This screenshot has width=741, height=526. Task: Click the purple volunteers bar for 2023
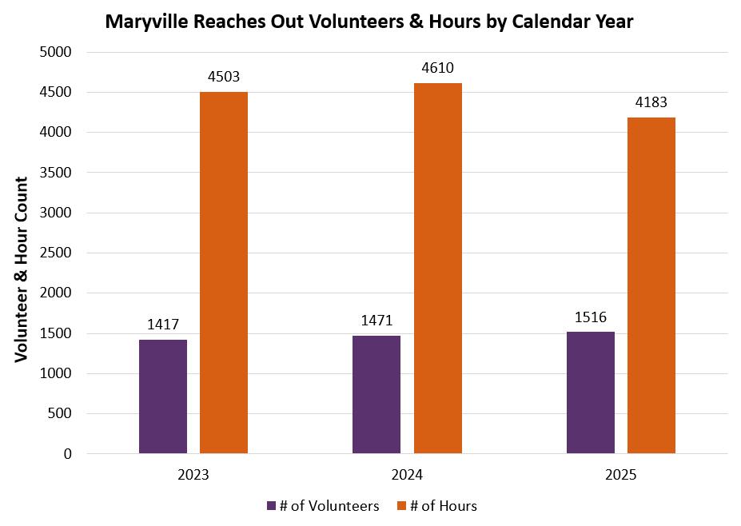pyautogui.click(x=163, y=396)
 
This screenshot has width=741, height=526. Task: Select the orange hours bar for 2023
pyautogui.click(x=224, y=273)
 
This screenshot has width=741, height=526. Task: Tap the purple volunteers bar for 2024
pyautogui.click(x=376, y=395)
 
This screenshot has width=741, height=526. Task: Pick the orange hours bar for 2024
pyautogui.click(x=438, y=269)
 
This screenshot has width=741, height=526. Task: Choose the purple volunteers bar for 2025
pyautogui.click(x=591, y=393)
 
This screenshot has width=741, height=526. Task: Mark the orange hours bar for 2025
pyautogui.click(x=651, y=285)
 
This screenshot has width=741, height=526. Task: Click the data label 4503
pyautogui.click(x=224, y=77)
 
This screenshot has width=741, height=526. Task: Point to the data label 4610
pyautogui.click(x=437, y=68)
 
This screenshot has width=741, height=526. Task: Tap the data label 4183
pyautogui.click(x=651, y=102)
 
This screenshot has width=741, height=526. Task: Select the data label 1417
pyautogui.click(x=163, y=325)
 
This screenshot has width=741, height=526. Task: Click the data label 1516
pyautogui.click(x=591, y=317)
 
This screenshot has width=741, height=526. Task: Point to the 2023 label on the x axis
pyautogui.click(x=193, y=475)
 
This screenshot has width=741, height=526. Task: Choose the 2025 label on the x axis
pyautogui.click(x=621, y=475)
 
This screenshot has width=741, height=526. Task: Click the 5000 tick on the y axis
pyautogui.click(x=56, y=52)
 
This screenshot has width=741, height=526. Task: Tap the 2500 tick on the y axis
pyautogui.click(x=56, y=253)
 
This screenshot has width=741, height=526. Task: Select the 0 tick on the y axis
pyautogui.click(x=68, y=454)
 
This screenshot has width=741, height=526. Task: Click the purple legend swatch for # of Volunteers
pyautogui.click(x=271, y=506)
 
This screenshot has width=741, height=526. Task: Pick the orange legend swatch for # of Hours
pyautogui.click(x=402, y=506)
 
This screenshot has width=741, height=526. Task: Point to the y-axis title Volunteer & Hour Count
pyautogui.click(x=22, y=270)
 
